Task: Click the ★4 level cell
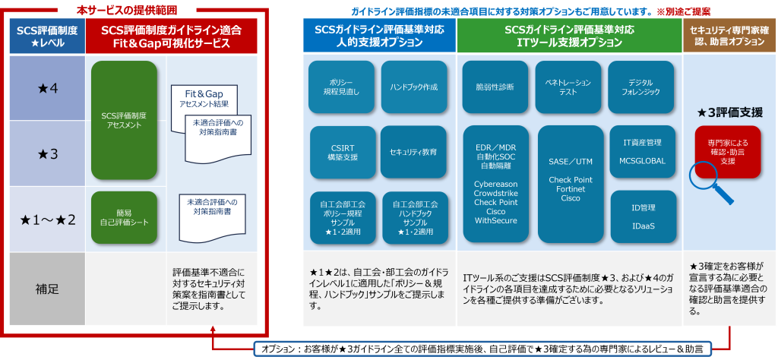point(47,88)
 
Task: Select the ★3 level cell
point(47,154)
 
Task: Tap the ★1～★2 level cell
point(47,220)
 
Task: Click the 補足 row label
point(47,289)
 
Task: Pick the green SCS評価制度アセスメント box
point(124,120)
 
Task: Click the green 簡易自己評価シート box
point(124,216)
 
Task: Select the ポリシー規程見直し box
point(341,87)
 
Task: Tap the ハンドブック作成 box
point(413,87)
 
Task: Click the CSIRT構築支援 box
point(341,152)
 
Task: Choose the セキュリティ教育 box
point(413,152)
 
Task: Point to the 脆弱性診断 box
point(495,87)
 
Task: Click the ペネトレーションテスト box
point(568,87)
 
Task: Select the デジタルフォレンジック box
point(640,87)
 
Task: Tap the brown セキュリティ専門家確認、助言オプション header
point(727,35)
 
